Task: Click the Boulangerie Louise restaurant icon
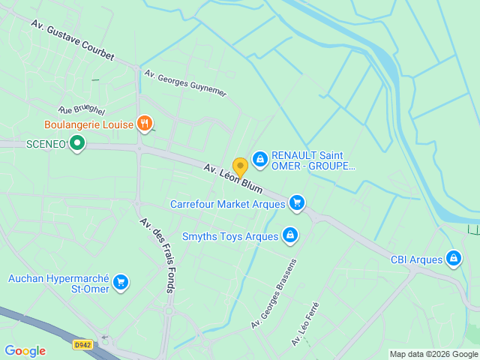click(145, 124)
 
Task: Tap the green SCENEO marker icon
click(76, 142)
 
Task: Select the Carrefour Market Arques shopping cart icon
click(297, 202)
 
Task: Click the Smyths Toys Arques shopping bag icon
click(290, 236)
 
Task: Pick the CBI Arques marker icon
click(453, 259)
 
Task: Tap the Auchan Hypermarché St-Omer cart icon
click(121, 283)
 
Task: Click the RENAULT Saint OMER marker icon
click(260, 159)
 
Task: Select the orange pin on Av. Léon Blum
click(240, 166)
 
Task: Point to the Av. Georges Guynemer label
click(185, 83)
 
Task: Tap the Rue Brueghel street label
click(82, 110)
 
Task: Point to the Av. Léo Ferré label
click(305, 323)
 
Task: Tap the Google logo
click(25, 351)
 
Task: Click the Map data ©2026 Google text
click(433, 354)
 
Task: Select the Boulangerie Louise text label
click(88, 124)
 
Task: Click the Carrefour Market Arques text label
click(227, 203)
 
